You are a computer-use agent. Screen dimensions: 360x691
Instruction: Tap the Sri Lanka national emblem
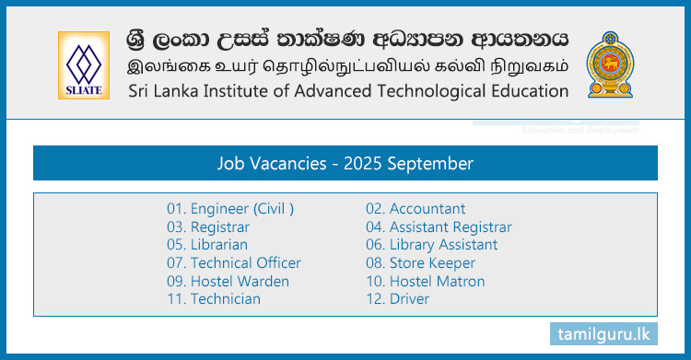click(x=611, y=64)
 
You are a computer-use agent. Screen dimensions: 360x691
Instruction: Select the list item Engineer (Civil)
click(x=230, y=209)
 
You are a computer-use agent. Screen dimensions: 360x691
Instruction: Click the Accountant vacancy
click(x=416, y=209)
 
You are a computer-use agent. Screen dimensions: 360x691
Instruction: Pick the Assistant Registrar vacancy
click(x=439, y=226)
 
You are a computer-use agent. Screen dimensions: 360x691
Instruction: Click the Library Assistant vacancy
click(x=431, y=245)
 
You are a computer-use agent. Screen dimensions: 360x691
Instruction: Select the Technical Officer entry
click(x=234, y=262)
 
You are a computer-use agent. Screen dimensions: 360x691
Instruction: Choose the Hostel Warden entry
click(x=228, y=281)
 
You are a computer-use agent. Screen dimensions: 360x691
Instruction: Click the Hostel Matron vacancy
click(x=425, y=281)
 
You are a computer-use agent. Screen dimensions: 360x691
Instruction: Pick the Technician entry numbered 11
click(x=214, y=298)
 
